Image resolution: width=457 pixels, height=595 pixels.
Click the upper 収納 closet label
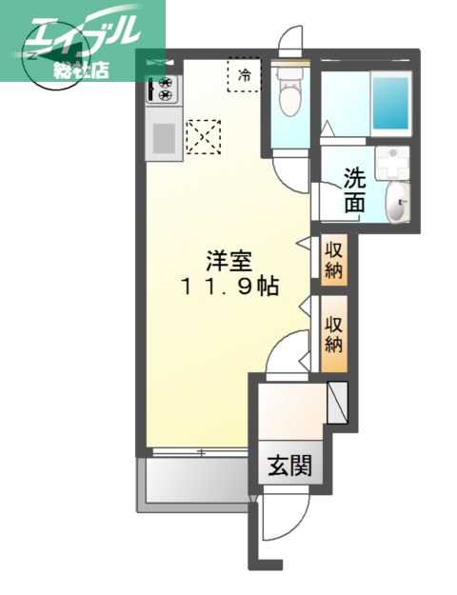(x=334, y=258)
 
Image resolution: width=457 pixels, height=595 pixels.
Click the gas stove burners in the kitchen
(x=163, y=90)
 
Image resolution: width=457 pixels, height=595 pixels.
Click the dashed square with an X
(x=203, y=136)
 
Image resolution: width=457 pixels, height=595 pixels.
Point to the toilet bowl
(x=290, y=94)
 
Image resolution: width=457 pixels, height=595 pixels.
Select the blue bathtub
(x=390, y=103)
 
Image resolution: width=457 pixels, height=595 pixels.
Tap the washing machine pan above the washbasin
(x=390, y=163)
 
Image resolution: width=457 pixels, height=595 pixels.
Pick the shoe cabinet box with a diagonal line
(x=339, y=402)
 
